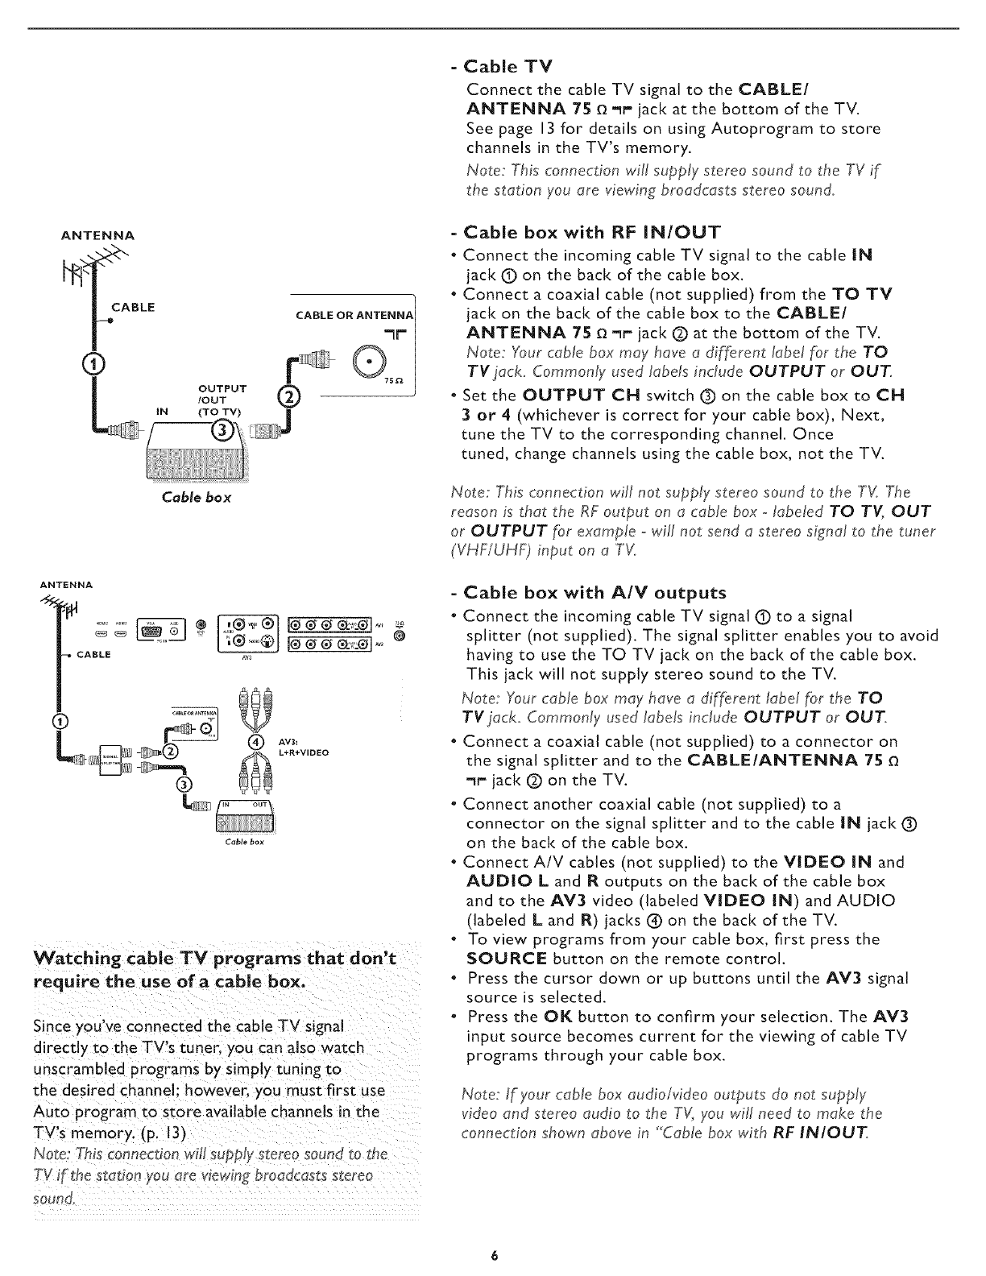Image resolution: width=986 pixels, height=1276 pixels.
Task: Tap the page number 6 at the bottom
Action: point(493,1256)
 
